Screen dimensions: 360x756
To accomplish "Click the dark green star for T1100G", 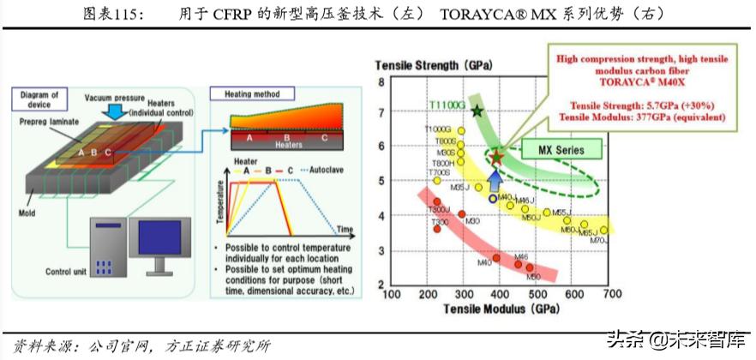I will [x=477, y=110].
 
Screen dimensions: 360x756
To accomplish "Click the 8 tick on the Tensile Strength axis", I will [x=382, y=81].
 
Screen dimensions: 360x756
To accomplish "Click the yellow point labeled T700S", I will [x=437, y=180].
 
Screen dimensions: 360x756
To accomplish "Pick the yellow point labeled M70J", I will [x=603, y=230].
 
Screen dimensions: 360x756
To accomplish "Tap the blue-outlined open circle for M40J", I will [x=492, y=198].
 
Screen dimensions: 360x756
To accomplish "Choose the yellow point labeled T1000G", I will [x=461, y=131].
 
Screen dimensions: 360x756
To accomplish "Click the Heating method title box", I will [x=252, y=93].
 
